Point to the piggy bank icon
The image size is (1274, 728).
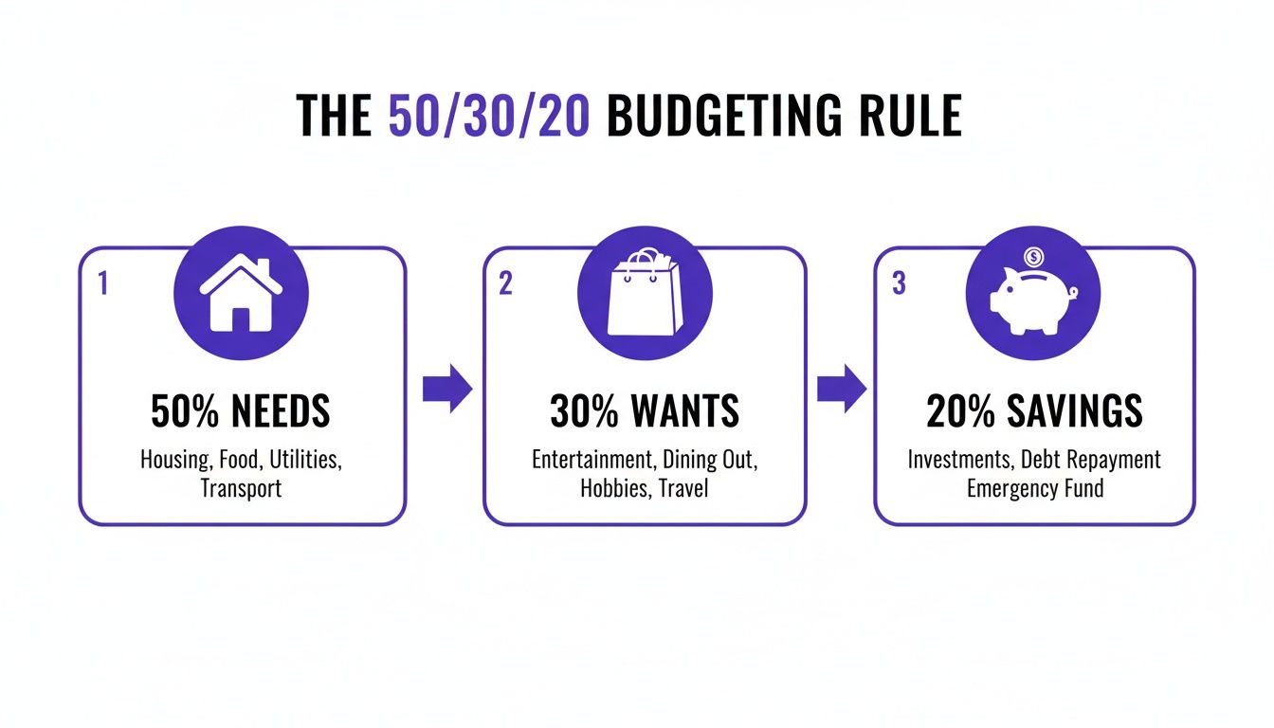click(x=1031, y=301)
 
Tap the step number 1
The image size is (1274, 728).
click(x=103, y=283)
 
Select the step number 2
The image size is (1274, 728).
click(x=505, y=283)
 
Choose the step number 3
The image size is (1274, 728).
click(x=898, y=283)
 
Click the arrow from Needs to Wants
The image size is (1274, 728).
click(x=446, y=388)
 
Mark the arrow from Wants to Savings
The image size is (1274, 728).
click(x=841, y=388)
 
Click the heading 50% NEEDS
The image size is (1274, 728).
click(x=241, y=411)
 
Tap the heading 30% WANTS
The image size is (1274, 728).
click(x=645, y=411)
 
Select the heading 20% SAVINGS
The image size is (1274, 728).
click(x=1034, y=411)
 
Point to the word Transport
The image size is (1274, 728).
click(x=241, y=489)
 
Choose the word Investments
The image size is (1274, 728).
click(x=960, y=460)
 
